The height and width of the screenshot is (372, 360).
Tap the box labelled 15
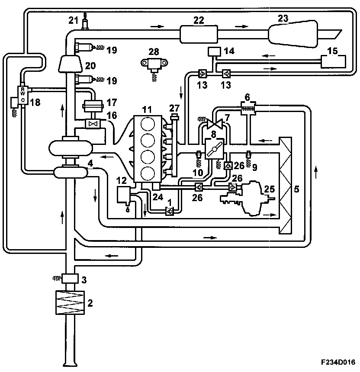[333, 62]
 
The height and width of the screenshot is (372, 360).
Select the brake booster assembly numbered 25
[254, 197]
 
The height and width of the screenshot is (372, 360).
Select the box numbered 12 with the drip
[124, 193]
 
